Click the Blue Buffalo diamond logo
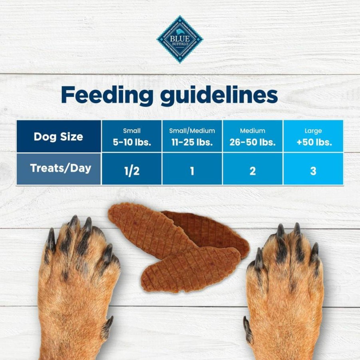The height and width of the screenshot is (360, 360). click(180, 39)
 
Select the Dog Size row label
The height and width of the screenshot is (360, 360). click(59, 136)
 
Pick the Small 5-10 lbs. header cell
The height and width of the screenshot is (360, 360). click(132, 136)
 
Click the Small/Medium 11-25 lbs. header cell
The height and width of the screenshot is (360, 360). click(192, 136)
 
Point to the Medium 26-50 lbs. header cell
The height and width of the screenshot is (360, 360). click(253, 136)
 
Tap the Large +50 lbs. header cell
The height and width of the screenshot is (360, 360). click(313, 136)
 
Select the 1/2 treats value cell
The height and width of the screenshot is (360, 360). click(132, 169)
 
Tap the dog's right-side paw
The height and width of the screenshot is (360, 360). click(285, 292)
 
